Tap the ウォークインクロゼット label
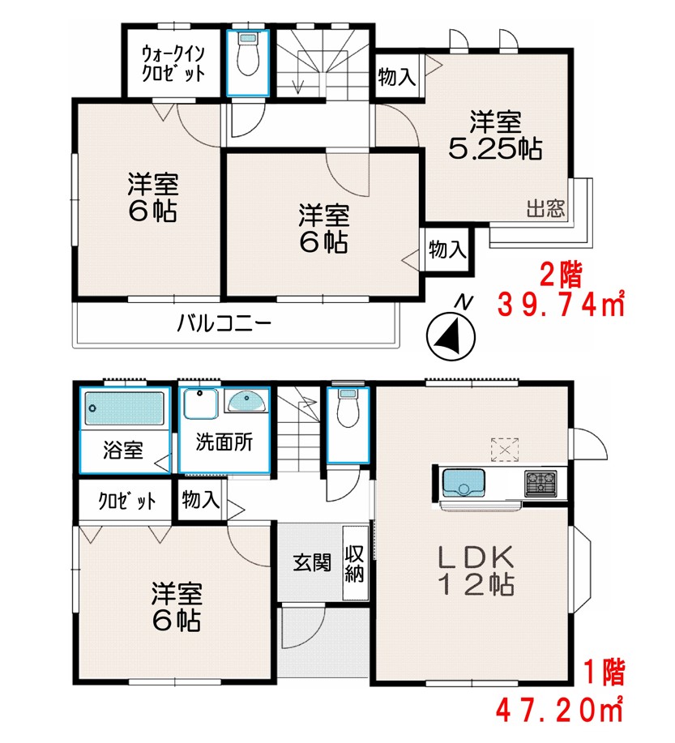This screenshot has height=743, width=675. coord(173,63)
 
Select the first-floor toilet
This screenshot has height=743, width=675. coord(348,408)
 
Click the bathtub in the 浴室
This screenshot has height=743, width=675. coord(124,408)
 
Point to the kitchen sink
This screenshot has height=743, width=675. coord(464,482)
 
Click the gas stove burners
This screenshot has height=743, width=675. coord(540,484)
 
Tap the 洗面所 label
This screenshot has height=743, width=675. coord(224,442)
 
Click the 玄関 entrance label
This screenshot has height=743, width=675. coord(311,562)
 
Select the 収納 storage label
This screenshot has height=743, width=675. coord(354,564)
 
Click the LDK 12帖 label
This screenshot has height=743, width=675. coord(476,570)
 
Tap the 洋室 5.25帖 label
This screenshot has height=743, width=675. coord(495,135)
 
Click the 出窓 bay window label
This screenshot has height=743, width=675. coord(545,208)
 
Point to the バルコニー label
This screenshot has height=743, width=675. coord(224,324)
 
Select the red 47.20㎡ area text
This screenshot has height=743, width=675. coord(560,709)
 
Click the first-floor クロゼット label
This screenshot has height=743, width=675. coord(126,501)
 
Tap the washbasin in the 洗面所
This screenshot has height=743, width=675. coord(246,401)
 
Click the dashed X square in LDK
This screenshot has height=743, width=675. coord(505,449)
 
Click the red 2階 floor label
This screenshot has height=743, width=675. coord(561,275)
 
